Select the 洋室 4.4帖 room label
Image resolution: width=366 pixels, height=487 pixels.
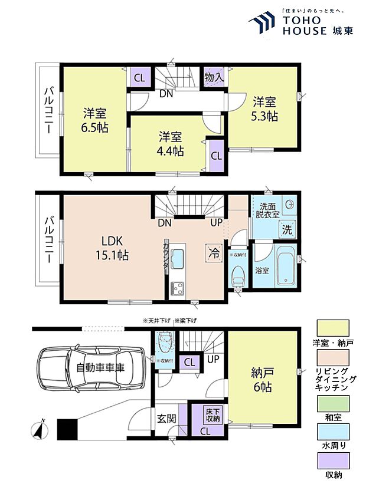171,144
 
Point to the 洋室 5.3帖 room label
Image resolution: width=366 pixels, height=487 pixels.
266,108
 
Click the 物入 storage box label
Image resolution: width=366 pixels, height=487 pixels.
214,77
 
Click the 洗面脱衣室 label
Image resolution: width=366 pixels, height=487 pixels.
267,210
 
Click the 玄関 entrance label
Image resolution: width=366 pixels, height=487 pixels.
166,419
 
